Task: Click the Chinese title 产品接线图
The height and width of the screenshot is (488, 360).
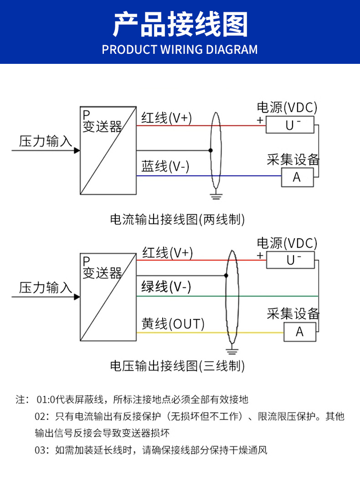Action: click(180, 25)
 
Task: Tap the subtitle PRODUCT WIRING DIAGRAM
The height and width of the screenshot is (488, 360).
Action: click(180, 49)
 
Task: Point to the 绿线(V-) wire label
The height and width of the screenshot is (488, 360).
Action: click(166, 287)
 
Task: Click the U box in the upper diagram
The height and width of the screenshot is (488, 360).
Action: click(290, 125)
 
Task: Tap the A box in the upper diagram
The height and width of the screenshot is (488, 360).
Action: click(297, 177)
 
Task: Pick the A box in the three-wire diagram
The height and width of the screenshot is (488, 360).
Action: click(299, 332)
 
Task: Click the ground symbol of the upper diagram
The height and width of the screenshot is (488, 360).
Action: click(216, 197)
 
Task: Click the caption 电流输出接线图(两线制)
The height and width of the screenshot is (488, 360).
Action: click(178, 219)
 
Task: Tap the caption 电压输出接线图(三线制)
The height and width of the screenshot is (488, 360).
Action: click(178, 365)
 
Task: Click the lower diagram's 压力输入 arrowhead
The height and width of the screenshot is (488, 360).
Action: click(77, 296)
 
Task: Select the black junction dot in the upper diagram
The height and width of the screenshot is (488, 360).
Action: click(211, 150)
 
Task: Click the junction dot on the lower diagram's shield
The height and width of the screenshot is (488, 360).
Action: click(226, 275)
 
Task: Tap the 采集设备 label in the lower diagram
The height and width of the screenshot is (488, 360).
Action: click(293, 314)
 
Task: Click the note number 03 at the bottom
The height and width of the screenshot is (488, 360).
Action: click(41, 451)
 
